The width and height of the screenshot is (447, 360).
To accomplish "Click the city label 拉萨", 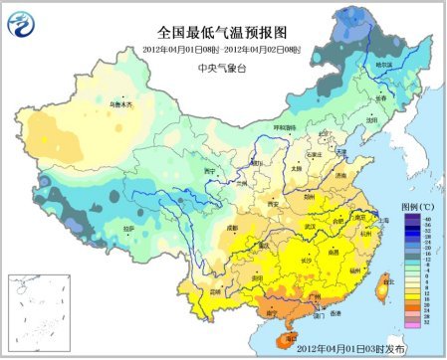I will (128, 228).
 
